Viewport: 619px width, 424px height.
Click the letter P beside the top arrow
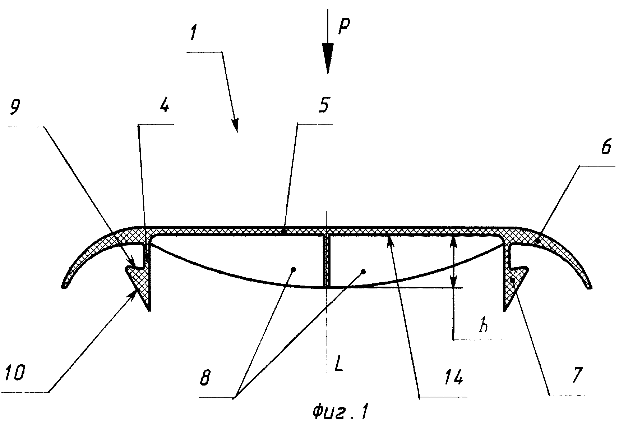(x=344, y=27)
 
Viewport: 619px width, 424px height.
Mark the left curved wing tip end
(x=64, y=286)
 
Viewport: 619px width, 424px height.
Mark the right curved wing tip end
(x=589, y=286)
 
